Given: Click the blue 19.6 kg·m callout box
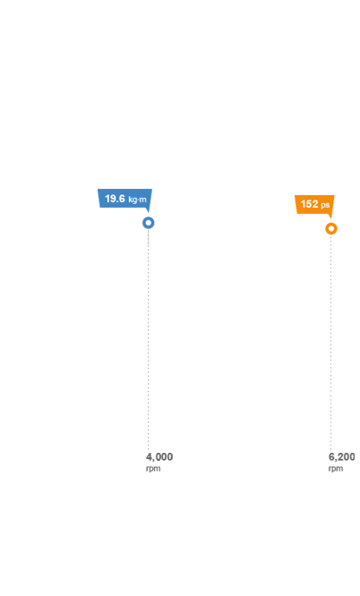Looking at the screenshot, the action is [124, 199].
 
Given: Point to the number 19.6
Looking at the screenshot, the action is [115, 199].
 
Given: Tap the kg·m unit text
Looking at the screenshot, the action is [137, 200].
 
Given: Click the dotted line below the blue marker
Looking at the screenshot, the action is [149, 340].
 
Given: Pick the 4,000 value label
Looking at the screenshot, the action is [159, 457].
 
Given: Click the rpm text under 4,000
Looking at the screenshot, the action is [153, 469].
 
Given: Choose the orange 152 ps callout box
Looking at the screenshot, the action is [314, 205].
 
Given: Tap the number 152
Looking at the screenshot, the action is [309, 204].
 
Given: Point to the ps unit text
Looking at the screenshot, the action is [325, 205].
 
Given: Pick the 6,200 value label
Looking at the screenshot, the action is [342, 457].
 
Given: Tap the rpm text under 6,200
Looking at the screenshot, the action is [336, 469].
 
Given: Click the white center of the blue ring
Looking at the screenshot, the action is [149, 223].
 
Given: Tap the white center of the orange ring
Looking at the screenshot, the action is [331, 228].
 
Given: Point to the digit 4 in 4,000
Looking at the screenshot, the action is [149, 457].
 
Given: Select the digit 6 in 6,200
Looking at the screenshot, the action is [331, 457].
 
